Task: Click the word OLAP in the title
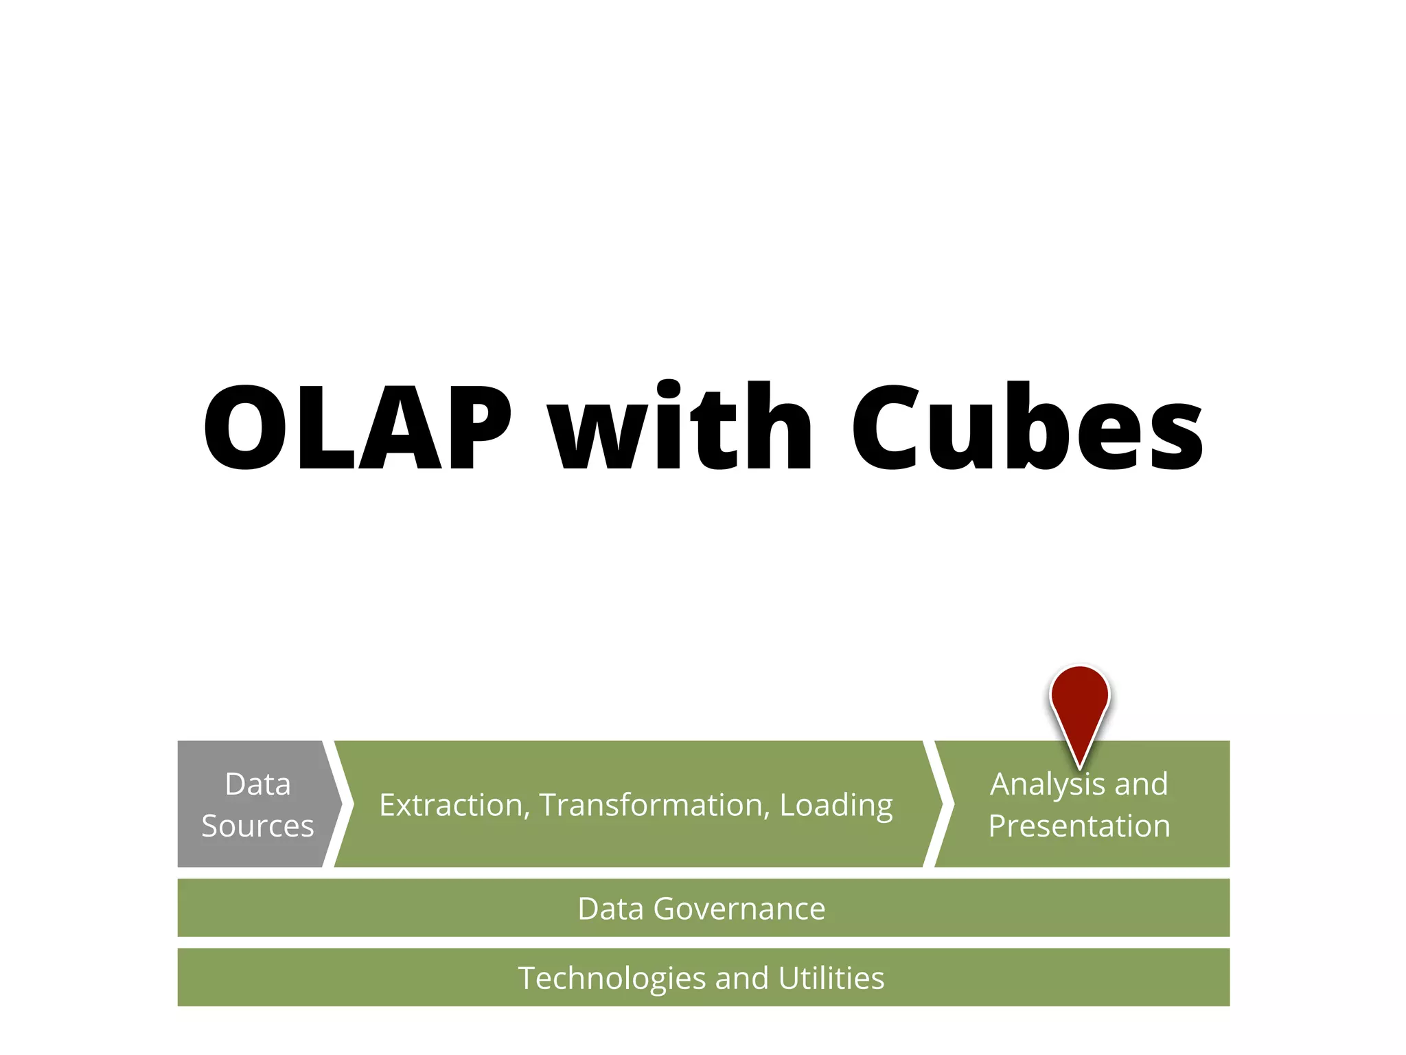(357, 427)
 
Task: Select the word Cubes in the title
(1027, 427)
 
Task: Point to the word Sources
(257, 826)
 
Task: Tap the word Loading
(836, 805)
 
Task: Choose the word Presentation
(1079, 826)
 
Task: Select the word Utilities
(831, 978)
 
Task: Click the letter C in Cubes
(886, 427)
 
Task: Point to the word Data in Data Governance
(611, 909)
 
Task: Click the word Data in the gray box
(257, 784)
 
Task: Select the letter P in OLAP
(479, 427)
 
